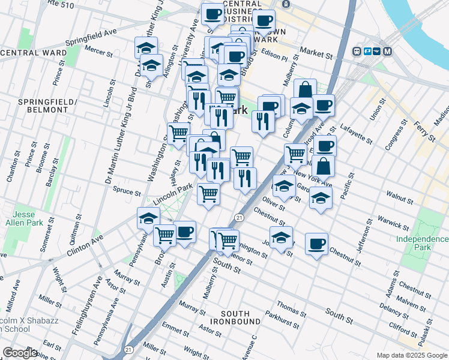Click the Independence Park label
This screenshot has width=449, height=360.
click(x=422, y=243)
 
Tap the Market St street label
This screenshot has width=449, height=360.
click(x=316, y=53)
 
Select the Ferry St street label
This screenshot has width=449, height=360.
click(x=425, y=131)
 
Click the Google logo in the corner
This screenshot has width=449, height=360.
click(x=20, y=353)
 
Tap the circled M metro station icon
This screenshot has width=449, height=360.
click(x=387, y=52)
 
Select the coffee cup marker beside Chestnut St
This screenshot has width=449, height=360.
click(x=316, y=244)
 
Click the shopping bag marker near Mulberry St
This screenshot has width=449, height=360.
click(x=305, y=89)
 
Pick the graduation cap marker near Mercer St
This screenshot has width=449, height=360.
click(x=146, y=47)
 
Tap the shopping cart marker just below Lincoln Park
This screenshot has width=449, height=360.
click(x=208, y=194)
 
